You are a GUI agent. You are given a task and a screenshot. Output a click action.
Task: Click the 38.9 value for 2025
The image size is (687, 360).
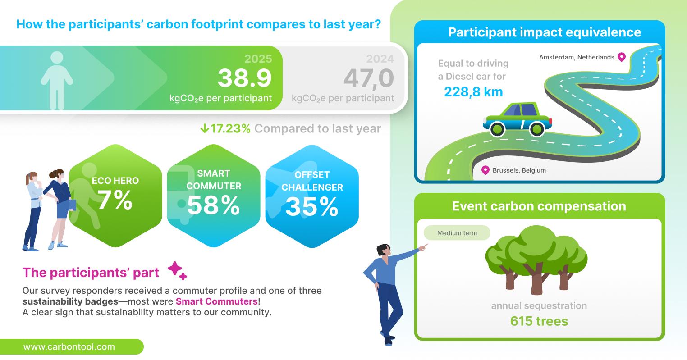(x=244, y=78)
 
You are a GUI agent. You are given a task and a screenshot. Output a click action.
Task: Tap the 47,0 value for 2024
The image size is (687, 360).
(x=369, y=78)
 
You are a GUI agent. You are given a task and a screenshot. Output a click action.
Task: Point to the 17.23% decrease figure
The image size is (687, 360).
(x=230, y=129)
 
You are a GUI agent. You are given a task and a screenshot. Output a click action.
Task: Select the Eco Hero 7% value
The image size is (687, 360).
(x=115, y=200)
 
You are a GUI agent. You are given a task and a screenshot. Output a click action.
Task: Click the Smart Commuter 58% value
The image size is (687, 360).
(x=214, y=205)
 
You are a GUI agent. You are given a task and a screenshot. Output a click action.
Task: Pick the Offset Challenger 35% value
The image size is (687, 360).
(x=312, y=206)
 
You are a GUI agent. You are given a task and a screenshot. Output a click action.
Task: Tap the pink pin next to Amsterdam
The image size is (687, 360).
(x=621, y=57)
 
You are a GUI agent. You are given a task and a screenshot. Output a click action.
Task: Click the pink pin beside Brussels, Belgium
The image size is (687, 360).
(x=485, y=170)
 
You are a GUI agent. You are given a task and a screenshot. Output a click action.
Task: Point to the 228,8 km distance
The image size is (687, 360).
(x=473, y=91)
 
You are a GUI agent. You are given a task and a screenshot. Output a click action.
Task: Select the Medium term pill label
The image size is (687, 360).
(x=457, y=233)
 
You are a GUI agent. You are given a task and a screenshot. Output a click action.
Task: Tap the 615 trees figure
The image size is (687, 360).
(x=539, y=321)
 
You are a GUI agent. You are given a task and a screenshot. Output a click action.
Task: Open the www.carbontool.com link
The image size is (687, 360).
(x=69, y=347)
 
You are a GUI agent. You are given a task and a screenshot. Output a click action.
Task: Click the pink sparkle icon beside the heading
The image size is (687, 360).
(x=177, y=270)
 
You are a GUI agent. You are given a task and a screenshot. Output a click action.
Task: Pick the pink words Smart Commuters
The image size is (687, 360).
(x=216, y=301)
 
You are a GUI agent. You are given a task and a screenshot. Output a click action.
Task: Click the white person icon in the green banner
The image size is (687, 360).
(x=57, y=81)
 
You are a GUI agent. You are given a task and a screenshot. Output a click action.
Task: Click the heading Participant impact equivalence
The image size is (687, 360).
(x=545, y=32)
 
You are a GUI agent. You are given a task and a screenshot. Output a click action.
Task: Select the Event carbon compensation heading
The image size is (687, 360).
(x=539, y=206)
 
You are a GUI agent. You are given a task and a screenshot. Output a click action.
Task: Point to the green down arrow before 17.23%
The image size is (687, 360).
(x=205, y=128)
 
